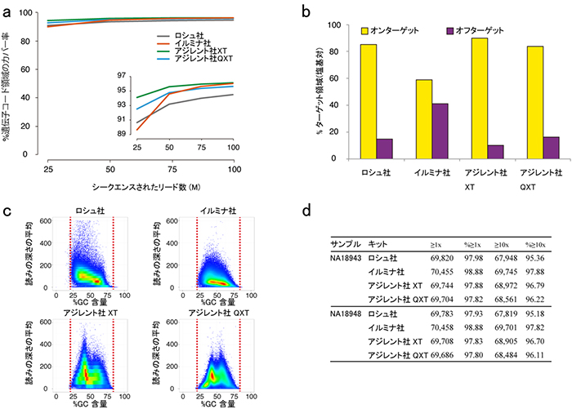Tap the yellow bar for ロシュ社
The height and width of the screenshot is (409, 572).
[x=369, y=102]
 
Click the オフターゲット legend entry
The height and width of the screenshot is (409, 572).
[x=474, y=29]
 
